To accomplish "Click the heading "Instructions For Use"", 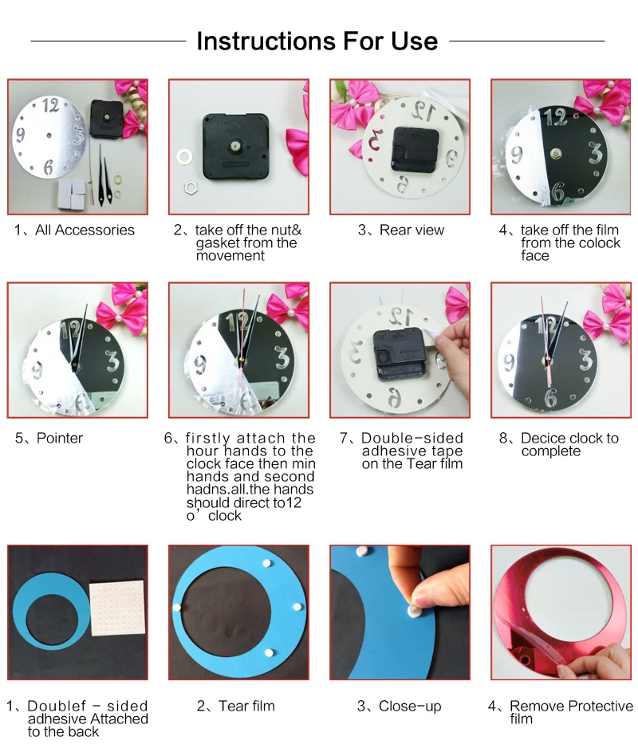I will click(317, 41).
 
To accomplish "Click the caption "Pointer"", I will click(60, 438).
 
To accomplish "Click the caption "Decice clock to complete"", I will click(569, 444).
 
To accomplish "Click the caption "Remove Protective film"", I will click(571, 711).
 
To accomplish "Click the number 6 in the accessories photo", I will click(49, 167).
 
